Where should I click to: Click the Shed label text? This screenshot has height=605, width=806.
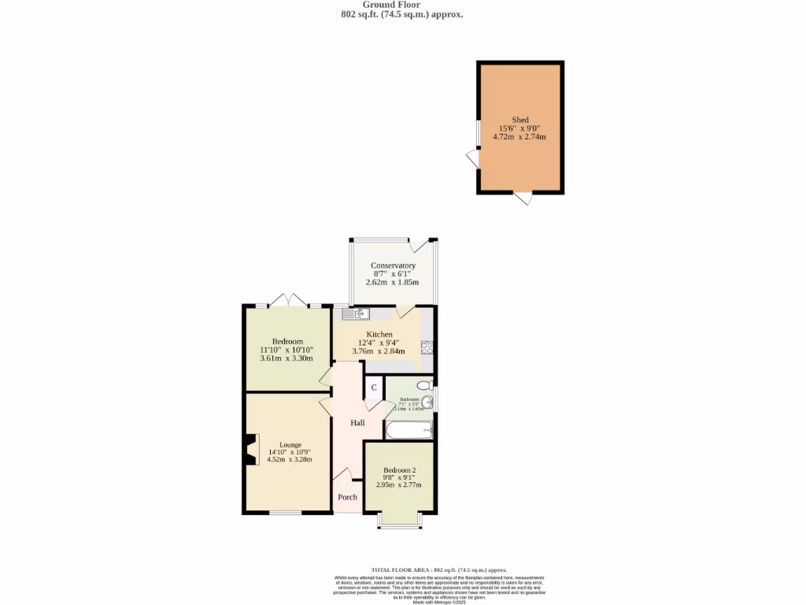pyautogui.click(x=519, y=120)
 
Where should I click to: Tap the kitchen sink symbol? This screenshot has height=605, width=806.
pyautogui.click(x=356, y=314)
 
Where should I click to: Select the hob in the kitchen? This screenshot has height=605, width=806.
pyautogui.click(x=427, y=347)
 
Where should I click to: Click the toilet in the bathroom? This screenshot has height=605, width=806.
pyautogui.click(x=423, y=385)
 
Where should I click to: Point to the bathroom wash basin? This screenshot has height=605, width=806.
pyautogui.click(x=427, y=402)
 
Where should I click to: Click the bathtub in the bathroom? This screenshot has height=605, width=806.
pyautogui.click(x=409, y=430)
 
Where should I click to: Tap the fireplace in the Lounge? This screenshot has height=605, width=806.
pyautogui.click(x=250, y=450)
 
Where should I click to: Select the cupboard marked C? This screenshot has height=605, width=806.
pyautogui.click(x=374, y=388)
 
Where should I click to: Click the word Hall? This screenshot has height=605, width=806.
pyautogui.click(x=357, y=423)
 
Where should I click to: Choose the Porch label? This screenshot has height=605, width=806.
pyautogui.click(x=347, y=497)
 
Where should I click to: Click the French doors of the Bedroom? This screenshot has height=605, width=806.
pyautogui.click(x=289, y=300)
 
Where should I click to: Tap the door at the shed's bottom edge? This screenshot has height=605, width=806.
pyautogui.click(x=523, y=198)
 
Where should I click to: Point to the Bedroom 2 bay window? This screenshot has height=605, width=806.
pyautogui.click(x=398, y=521)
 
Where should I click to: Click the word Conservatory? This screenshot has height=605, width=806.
pyautogui.click(x=393, y=266)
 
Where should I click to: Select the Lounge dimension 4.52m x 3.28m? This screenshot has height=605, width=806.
pyautogui.click(x=290, y=459)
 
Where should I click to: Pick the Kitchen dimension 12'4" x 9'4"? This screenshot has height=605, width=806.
pyautogui.click(x=375, y=343)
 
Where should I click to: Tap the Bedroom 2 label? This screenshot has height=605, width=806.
pyautogui.click(x=399, y=470)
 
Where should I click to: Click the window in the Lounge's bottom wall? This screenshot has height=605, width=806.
pyautogui.click(x=285, y=514)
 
